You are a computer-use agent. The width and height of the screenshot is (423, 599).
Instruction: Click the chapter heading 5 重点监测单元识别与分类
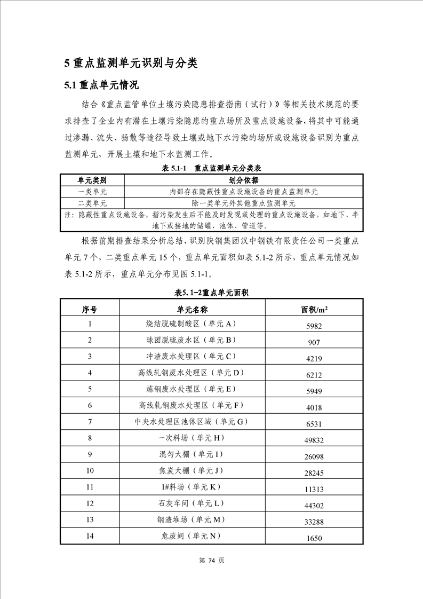[x=131, y=63]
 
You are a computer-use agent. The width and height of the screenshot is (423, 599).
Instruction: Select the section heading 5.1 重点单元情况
[x=101, y=85]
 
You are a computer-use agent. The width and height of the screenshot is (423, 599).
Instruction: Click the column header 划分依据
[x=244, y=180]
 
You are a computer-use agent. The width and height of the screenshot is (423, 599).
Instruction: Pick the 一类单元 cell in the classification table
[x=92, y=192]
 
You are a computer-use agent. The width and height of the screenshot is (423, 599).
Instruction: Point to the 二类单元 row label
[x=92, y=203]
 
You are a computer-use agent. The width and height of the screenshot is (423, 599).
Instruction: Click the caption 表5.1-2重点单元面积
[x=212, y=293]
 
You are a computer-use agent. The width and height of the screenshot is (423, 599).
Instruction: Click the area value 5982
[x=314, y=326]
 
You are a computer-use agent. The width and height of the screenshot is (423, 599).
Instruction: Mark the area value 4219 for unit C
[x=314, y=358]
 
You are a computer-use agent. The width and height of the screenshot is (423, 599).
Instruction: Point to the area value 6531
[x=314, y=423]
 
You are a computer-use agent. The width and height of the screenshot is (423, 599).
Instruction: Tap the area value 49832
[x=314, y=440]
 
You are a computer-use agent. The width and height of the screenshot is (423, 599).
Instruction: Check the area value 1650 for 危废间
[x=314, y=538]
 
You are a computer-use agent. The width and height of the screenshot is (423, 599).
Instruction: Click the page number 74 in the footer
[x=211, y=561]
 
